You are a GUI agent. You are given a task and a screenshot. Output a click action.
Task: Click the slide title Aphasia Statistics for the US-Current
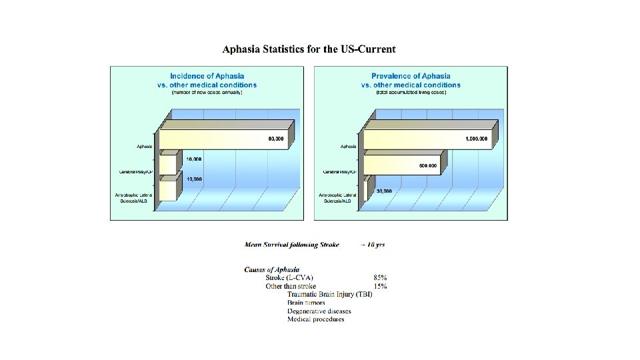(x=309, y=49)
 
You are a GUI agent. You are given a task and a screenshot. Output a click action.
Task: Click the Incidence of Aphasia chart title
(x=207, y=80)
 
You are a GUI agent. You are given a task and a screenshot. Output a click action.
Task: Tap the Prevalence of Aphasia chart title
(x=411, y=80)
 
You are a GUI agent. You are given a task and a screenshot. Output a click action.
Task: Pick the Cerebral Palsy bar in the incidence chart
(x=167, y=163)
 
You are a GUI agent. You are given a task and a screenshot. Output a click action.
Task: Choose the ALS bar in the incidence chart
(x=167, y=189)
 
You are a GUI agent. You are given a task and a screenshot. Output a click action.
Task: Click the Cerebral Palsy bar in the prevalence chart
(x=402, y=163)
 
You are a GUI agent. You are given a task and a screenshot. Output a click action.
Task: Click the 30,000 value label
(x=383, y=191)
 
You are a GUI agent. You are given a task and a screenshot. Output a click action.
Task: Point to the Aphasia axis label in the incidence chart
(x=145, y=146)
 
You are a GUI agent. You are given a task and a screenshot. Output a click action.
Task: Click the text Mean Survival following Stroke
(x=292, y=245)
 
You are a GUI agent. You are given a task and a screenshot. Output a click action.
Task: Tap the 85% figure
(x=380, y=277)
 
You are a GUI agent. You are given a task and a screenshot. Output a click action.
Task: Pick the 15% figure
(x=380, y=286)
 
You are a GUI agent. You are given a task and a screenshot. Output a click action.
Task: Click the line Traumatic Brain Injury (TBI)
(x=329, y=294)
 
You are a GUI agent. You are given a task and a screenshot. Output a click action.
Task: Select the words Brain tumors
(x=306, y=303)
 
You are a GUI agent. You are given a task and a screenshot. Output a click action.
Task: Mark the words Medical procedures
(x=315, y=319)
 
